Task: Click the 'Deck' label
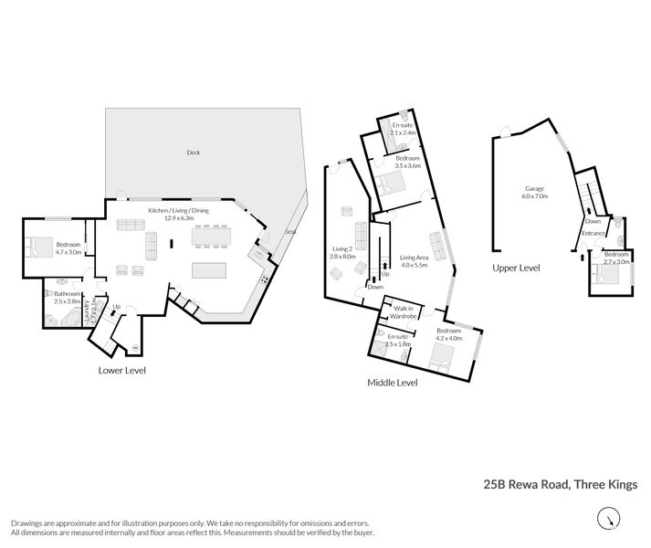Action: coord(193,153)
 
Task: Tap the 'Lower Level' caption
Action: coord(121,370)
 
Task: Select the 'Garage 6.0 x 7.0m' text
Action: coord(534,192)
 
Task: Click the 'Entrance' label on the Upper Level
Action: coord(594,233)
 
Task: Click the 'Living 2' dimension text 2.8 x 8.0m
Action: coord(342,258)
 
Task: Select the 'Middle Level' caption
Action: coord(394,383)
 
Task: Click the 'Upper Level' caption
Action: coord(517,268)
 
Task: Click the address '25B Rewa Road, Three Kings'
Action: coord(560,486)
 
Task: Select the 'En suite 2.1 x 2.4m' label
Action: coord(404,128)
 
